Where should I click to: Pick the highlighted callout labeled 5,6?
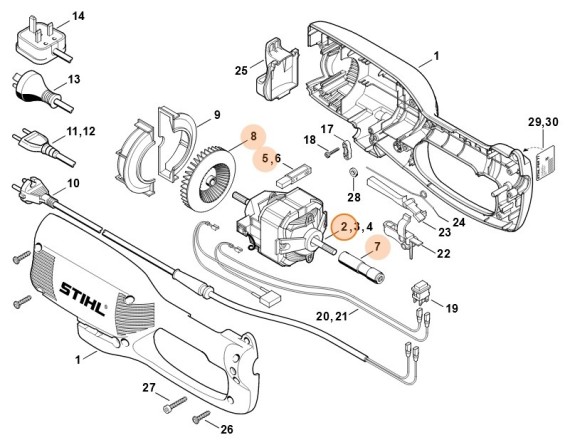(x=271, y=158)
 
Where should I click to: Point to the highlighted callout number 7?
(x=377, y=246)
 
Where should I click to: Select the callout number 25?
(x=241, y=70)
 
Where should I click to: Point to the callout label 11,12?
(x=79, y=132)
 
